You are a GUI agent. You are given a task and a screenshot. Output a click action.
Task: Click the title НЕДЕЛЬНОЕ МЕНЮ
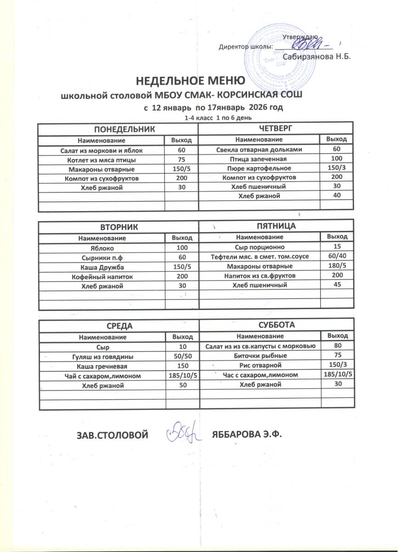pos(190,82)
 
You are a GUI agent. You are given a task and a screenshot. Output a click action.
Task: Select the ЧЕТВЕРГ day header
pos(276,127)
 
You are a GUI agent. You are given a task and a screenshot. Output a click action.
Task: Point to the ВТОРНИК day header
pos(119,227)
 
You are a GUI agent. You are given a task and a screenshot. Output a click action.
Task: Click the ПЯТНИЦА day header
pos(276,226)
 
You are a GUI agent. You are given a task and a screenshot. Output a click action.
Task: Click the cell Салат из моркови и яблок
pos(102,150)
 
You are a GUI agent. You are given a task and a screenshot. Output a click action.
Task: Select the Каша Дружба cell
pos(102,268)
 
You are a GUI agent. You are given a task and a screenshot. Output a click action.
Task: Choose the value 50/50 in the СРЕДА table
pos(182,356)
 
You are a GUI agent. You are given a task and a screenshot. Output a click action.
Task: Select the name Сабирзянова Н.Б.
pos(316,57)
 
